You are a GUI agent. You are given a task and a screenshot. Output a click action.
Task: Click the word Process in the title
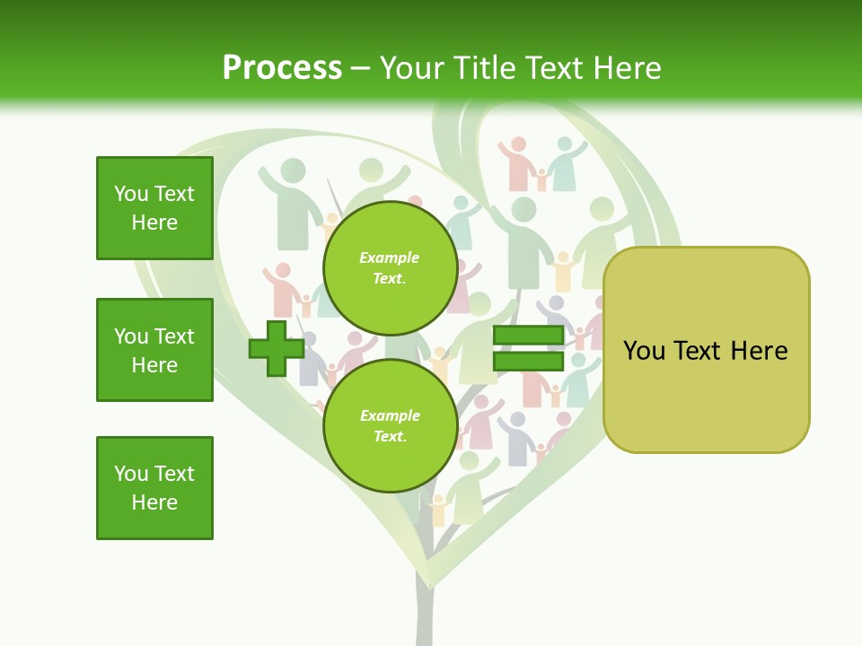point(282,68)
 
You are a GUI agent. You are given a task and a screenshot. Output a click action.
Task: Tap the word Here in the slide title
point(626,68)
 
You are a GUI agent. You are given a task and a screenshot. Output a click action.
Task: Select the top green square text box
point(154,208)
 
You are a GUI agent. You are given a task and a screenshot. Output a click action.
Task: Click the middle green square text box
point(154,350)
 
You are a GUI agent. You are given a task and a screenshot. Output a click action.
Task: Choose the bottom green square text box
point(154,488)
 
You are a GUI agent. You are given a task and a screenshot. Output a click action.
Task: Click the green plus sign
point(277,348)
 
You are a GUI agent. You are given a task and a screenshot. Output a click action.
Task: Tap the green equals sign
point(528,348)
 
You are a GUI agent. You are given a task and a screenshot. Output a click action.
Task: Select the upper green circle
point(390,267)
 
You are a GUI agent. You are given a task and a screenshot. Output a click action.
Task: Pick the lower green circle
point(390,425)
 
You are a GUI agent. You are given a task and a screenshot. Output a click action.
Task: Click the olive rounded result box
point(706,350)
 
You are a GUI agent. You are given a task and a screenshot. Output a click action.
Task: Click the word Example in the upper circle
point(390,258)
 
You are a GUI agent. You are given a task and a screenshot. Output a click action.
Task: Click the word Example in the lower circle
point(390,415)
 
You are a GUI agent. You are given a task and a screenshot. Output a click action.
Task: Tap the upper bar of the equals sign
point(528,335)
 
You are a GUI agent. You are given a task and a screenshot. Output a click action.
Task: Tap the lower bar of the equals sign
point(528,362)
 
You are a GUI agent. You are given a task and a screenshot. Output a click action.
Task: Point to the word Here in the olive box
point(759,351)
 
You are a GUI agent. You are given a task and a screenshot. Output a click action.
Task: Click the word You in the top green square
point(131,194)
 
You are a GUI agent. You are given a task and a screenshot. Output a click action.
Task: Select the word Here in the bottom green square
point(154,502)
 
